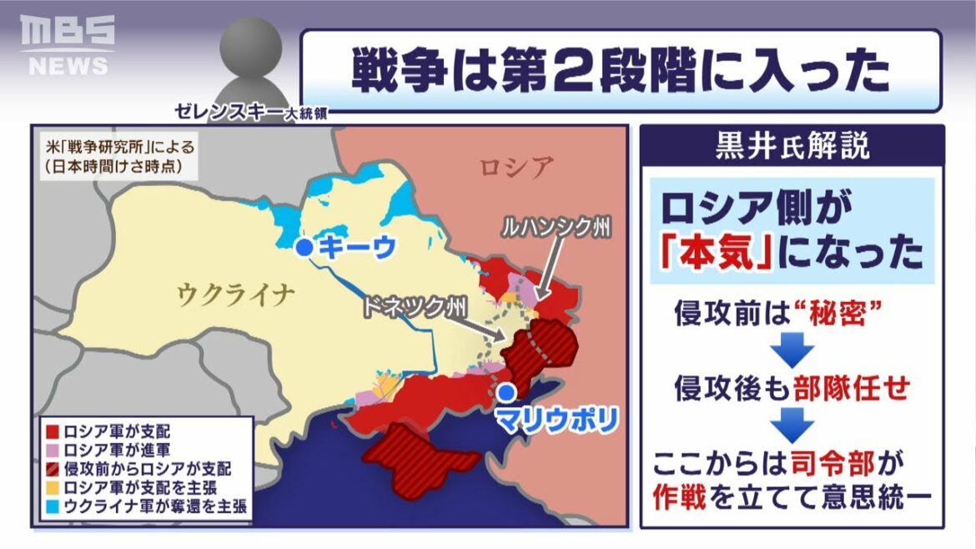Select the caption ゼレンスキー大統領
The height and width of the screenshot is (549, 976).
coord(249,112)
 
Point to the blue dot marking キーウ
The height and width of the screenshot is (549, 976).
coord(305,247)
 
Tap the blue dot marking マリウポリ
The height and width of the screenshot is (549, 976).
coord(505,391)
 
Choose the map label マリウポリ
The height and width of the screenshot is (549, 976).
coord(556,418)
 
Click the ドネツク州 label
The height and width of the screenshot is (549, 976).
coord(410,305)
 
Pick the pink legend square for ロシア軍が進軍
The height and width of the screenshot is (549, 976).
coord(52,450)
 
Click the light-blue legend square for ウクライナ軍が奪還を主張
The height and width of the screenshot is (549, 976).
coord(52,505)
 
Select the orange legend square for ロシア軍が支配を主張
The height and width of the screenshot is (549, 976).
coord(52,486)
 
